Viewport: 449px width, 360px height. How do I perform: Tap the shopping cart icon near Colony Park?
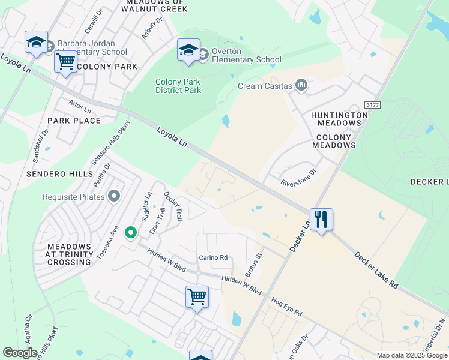(65, 61)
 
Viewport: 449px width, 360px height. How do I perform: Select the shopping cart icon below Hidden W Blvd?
(197, 296)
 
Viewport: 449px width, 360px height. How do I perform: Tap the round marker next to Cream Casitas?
(301, 86)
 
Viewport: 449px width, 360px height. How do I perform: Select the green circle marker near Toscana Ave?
(130, 232)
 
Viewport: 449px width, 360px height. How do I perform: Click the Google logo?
(20, 353)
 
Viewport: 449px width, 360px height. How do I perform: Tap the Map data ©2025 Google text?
(411, 355)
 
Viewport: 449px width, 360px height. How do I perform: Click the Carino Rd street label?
(213, 258)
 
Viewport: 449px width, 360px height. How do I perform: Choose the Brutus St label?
(254, 265)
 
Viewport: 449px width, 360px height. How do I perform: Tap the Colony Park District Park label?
(178, 86)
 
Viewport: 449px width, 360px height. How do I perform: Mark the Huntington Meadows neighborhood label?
(336, 118)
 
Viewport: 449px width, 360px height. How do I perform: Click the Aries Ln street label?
(79, 107)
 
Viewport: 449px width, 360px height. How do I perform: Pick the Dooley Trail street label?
(173, 205)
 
